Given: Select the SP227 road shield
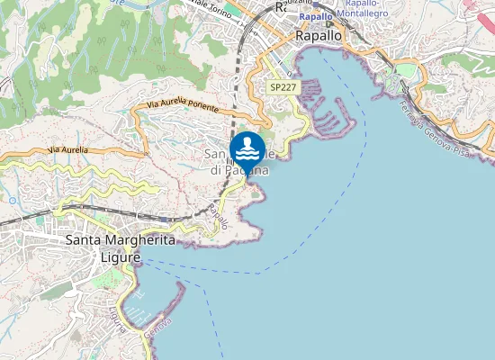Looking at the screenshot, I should tap(283, 87).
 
